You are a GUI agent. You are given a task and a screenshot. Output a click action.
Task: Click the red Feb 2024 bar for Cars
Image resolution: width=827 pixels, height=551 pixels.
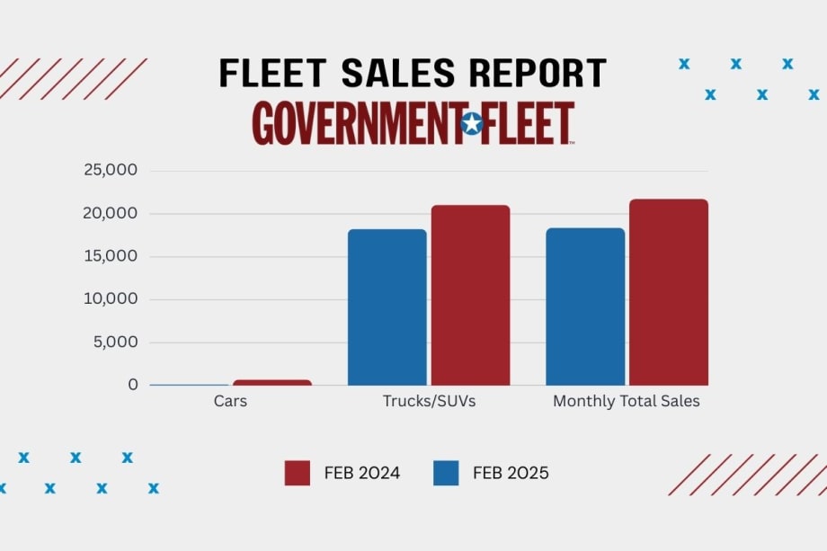coord(272,382)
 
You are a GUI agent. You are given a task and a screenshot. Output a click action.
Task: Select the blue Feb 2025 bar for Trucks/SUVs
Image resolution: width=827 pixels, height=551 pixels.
coord(387,307)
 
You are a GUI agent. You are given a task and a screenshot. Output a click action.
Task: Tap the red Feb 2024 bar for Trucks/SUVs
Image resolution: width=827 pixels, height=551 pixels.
coord(470,296)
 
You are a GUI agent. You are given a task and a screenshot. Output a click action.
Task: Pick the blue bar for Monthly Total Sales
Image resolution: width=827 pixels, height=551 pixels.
coord(585,307)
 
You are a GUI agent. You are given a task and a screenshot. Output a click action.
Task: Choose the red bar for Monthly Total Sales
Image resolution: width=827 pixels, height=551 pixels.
coord(668,292)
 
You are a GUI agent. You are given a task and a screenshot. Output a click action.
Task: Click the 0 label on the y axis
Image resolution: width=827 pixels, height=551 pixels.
coord(132,385)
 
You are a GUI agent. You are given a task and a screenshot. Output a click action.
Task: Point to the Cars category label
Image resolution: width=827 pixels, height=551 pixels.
coord(230,402)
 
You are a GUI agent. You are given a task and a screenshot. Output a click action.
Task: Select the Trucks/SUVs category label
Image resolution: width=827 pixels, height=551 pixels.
coord(429,402)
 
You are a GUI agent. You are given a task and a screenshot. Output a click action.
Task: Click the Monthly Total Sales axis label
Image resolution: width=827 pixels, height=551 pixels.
coord(626,402)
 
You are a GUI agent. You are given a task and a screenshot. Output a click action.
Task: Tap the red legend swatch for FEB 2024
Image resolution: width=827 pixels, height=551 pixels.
coord(298,473)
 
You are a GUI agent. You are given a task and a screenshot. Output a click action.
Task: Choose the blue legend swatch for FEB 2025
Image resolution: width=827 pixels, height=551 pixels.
coord(446,473)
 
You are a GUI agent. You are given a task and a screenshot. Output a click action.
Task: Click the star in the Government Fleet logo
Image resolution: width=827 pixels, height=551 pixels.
coord(471,123)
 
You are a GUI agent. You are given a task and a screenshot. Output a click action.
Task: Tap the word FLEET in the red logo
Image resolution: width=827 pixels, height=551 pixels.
coord(529,123)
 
